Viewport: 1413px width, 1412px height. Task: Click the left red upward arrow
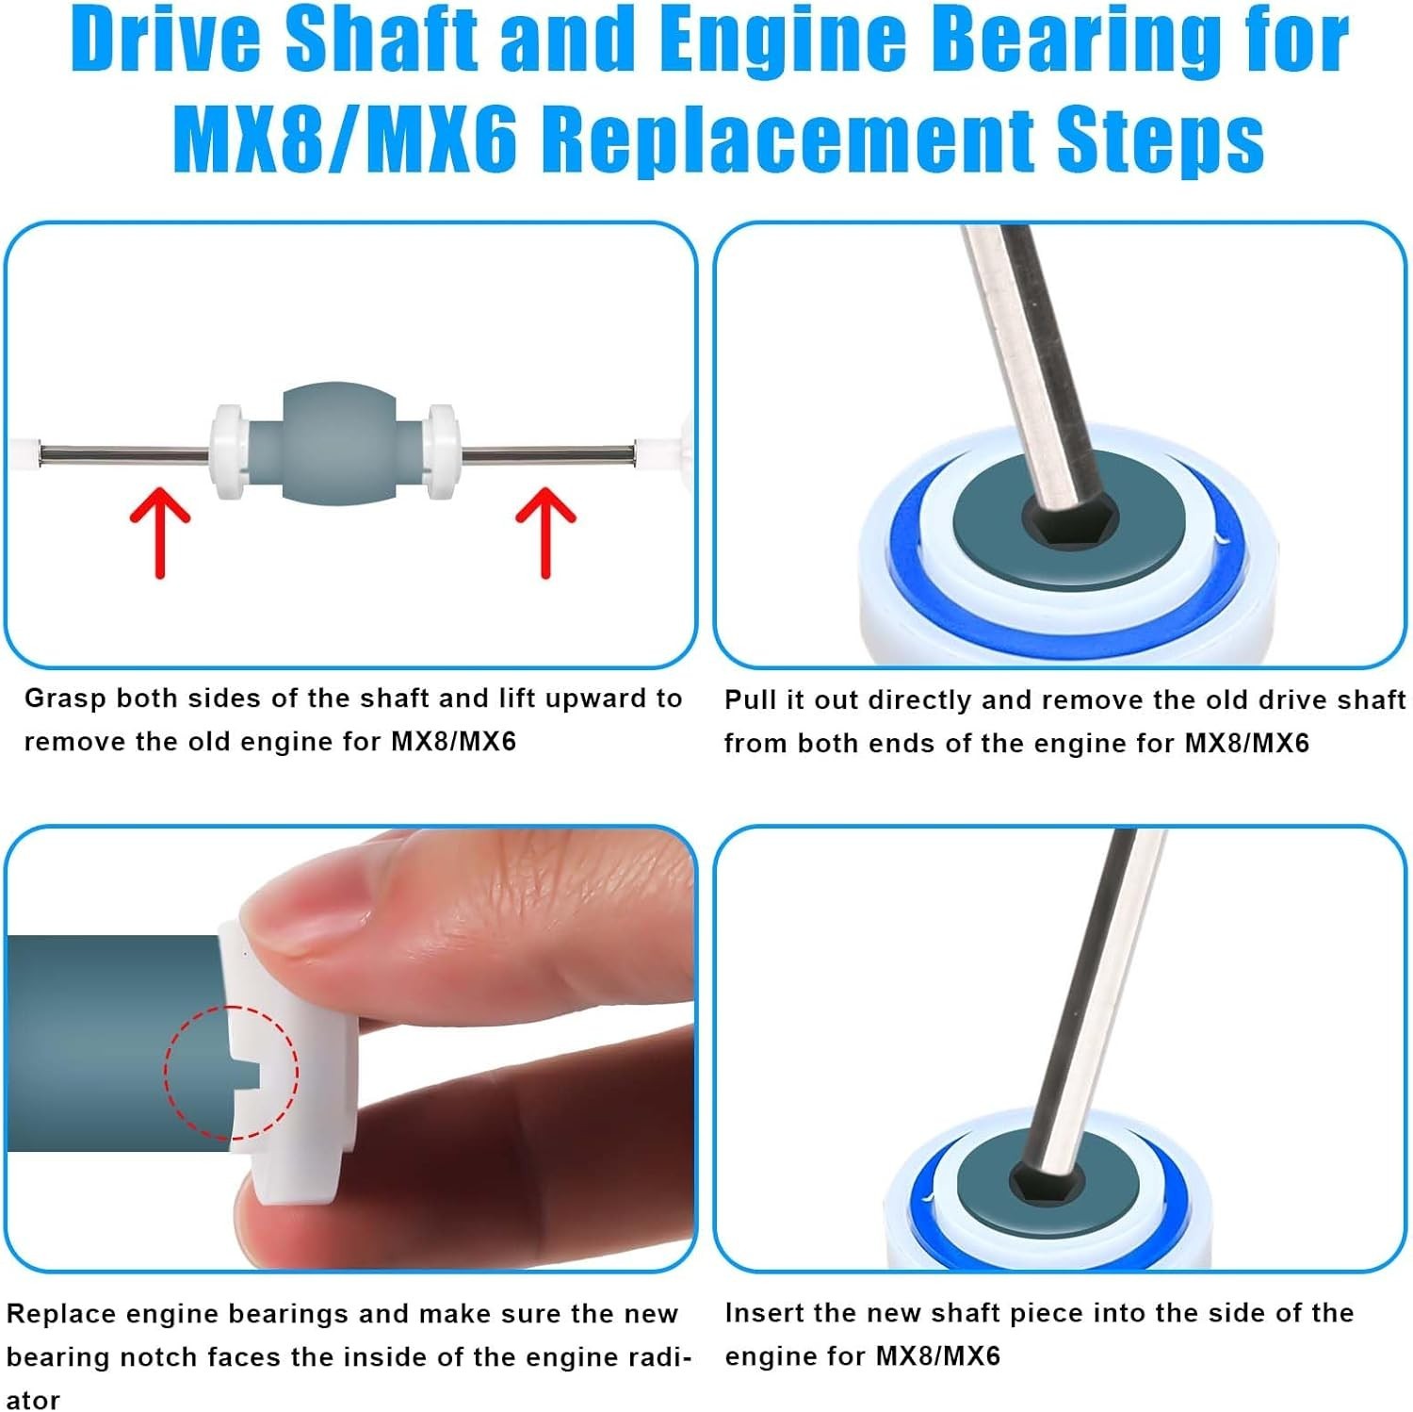point(160,533)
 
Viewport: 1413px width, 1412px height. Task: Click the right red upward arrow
point(545,533)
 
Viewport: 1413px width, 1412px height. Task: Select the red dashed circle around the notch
point(231,1073)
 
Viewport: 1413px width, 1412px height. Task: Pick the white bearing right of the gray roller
point(441,452)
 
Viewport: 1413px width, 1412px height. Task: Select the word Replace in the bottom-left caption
point(61,1315)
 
